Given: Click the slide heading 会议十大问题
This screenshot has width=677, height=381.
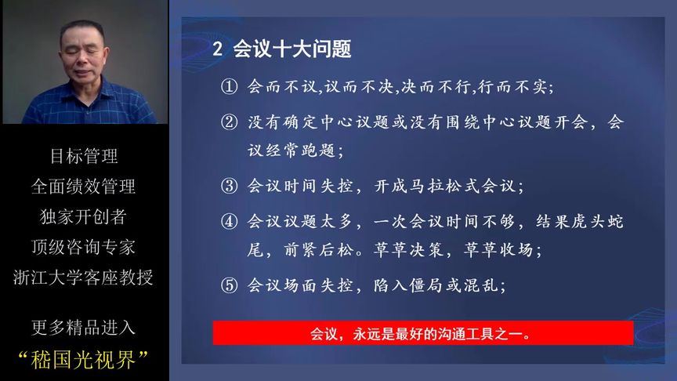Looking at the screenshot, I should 292,49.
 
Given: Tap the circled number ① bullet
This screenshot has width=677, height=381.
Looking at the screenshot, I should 228,87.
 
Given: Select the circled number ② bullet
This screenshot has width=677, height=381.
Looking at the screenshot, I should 228,123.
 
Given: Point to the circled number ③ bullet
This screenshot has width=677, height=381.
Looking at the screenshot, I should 228,187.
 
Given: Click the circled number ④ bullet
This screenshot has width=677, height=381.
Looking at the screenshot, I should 228,223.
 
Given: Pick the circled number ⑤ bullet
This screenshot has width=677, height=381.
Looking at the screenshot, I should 228,286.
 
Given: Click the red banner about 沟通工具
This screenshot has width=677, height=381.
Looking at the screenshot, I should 423,333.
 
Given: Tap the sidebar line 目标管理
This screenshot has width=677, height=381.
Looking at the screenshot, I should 84,156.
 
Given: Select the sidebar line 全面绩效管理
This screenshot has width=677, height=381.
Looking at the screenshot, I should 84,187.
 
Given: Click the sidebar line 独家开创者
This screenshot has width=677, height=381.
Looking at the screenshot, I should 84,217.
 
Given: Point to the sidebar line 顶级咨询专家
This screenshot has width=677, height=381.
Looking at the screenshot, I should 84,247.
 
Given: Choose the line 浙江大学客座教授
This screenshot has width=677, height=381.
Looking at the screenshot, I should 84,278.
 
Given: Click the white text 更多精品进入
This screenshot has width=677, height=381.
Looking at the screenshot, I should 84,328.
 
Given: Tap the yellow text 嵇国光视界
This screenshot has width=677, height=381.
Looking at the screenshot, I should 84,360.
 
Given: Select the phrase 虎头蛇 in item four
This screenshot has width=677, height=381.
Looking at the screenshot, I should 592,223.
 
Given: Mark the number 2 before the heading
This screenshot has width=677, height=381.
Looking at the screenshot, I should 219,49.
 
